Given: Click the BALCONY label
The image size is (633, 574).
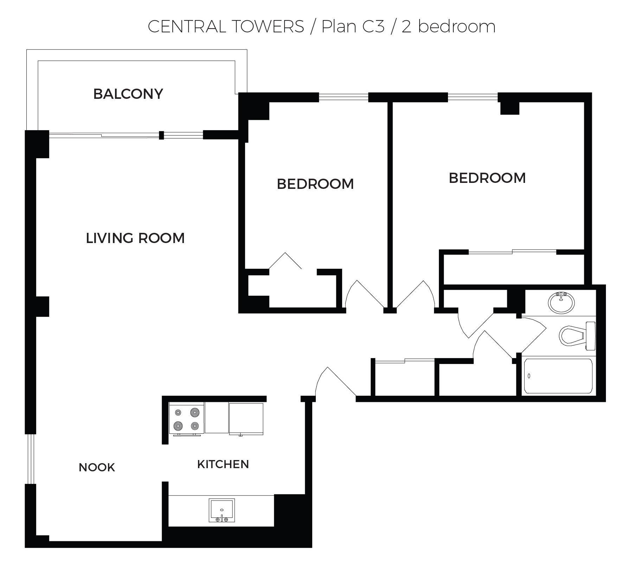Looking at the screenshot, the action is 128,94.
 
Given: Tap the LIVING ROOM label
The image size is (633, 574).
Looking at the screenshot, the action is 135,238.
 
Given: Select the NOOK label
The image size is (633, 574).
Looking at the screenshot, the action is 97,467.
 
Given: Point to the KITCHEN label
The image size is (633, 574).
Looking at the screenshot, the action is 223,464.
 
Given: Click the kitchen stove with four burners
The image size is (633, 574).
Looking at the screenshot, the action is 186,419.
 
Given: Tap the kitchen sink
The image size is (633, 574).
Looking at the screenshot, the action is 222,510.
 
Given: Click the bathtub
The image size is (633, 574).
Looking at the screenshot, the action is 558,376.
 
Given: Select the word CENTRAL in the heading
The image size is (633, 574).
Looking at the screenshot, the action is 187,26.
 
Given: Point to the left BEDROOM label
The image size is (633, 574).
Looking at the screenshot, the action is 315,184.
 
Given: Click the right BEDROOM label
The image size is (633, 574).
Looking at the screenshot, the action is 487,178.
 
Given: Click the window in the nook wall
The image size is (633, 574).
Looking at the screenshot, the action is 31,459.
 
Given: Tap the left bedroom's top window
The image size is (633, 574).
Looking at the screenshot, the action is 344,97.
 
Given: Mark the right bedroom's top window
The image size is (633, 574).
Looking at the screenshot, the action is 473,97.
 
